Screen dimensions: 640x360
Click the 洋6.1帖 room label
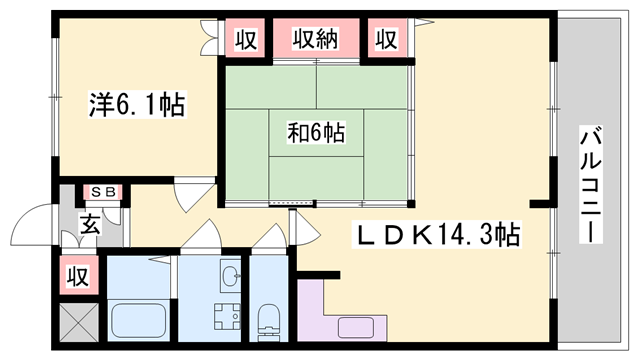pos(137,105)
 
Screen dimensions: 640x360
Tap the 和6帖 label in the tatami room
pos(316,133)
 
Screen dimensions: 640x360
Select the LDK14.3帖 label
pos(436,235)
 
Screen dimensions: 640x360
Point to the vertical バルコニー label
pos(590,184)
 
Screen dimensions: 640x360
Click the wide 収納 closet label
pos(316,40)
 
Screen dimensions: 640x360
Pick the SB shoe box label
pos(103,192)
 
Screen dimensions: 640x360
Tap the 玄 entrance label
pos(90,224)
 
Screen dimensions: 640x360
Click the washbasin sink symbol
pos(231,275)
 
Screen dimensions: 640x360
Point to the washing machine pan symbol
pos(227,316)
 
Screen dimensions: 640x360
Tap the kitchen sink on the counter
pos(356,327)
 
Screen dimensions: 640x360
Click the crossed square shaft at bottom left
pos(79,322)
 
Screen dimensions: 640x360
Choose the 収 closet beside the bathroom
pos(78,276)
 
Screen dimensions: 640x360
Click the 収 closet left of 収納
pos(246,40)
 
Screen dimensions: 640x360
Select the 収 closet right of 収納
pos(386,39)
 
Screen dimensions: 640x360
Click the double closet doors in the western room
pos(209,37)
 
